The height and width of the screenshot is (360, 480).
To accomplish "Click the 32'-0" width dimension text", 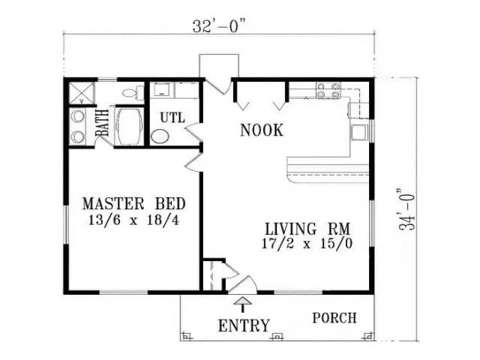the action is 219,26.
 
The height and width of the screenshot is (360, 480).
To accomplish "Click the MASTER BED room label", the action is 134,204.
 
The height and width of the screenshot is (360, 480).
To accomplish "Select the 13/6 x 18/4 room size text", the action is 133,220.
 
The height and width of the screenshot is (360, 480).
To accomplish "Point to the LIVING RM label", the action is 307,229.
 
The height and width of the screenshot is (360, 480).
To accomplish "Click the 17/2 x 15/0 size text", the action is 307,244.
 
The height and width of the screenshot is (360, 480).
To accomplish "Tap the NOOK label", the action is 262,130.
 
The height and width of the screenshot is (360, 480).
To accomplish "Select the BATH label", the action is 102,123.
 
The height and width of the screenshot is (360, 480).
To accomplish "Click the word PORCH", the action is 334,318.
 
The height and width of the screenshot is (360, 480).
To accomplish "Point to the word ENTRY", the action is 244,325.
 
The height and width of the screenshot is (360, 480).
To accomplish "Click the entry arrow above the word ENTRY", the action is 243,304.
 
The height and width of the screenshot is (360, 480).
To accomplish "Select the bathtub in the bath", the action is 130,126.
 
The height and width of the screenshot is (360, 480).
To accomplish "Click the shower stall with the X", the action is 81,93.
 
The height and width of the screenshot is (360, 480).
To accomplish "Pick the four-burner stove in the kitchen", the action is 328,91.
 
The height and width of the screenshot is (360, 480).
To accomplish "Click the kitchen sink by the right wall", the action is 359,133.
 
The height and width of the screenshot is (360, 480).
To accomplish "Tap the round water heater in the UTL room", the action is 160,136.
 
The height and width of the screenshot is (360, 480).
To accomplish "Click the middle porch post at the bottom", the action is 277,337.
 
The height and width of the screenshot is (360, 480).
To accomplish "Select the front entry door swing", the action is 243,285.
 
